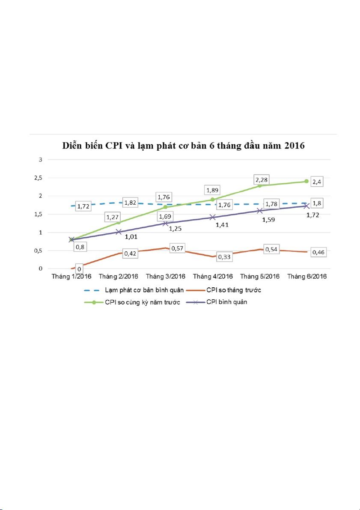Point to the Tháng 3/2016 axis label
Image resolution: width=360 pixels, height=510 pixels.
[165, 277]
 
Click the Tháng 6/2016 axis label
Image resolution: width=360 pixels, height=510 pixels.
[307, 277]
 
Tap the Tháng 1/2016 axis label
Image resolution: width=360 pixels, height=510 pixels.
[71, 277]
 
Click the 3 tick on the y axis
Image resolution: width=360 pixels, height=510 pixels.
[41, 160]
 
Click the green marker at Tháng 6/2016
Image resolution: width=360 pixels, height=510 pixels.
[306, 181]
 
